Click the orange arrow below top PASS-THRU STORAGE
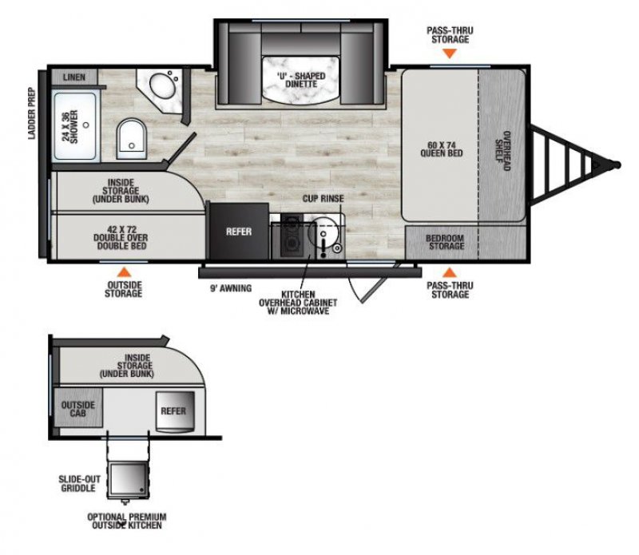click(450, 54)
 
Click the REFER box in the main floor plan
click(238, 232)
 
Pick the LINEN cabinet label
click(76, 77)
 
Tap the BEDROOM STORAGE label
click(445, 242)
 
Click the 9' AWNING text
click(230, 287)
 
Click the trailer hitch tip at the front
click(617, 165)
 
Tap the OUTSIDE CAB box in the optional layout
click(77, 410)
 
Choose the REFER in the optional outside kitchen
click(173, 411)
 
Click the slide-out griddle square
click(128, 480)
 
